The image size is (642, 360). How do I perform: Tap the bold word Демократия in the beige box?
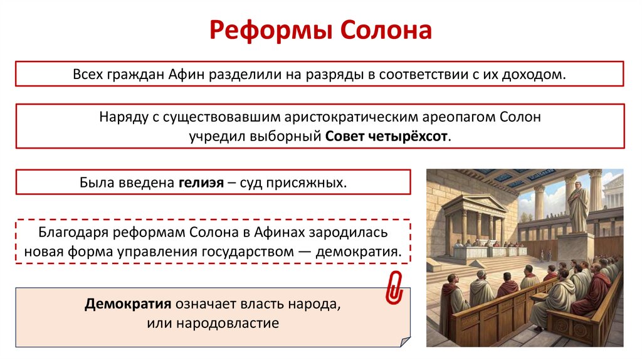129,305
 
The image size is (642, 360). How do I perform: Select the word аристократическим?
335,117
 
